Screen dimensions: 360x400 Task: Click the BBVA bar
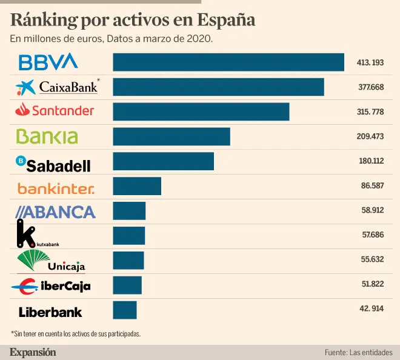click(228, 62)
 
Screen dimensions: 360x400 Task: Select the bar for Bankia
click(172, 136)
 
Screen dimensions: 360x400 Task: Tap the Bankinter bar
click(137, 186)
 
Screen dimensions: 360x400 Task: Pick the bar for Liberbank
click(125, 310)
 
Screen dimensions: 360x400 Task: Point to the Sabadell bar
click(164, 161)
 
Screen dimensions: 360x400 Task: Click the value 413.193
click(372, 62)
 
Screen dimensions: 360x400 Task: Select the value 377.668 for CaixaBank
click(371, 87)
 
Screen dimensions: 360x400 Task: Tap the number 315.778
click(371, 112)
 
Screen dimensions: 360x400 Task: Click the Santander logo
click(55, 110)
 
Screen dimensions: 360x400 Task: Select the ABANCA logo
click(55, 212)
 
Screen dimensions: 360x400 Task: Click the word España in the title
click(227, 20)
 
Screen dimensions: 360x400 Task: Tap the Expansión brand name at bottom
click(33, 352)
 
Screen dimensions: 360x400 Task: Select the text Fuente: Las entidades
click(358, 352)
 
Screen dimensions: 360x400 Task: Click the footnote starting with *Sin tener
click(76, 333)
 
